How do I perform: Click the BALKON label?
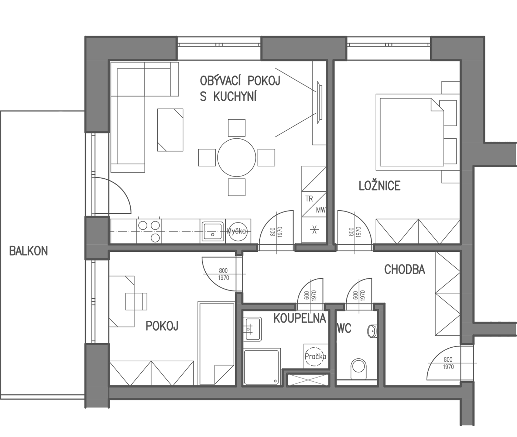coord(28,251)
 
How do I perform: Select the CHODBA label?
coord(404,269)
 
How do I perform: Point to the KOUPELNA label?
coord(299,318)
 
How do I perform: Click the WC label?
coord(344,328)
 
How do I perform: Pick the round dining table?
coord(237,158)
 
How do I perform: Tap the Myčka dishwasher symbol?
coord(238,231)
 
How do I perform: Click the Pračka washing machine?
coord(315,356)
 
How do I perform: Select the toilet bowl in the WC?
coord(359,369)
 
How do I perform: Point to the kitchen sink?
coord(212,231)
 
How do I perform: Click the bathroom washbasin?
coord(252,329)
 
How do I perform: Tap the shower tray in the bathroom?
coord(261,367)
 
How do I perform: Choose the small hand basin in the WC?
coord(373,331)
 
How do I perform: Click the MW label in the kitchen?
coord(321,210)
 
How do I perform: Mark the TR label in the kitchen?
coord(309,199)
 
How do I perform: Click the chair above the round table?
coord(237,128)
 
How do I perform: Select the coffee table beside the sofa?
coord(170,130)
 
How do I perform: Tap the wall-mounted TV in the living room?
coord(319,102)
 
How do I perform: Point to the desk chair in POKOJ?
coord(136,302)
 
